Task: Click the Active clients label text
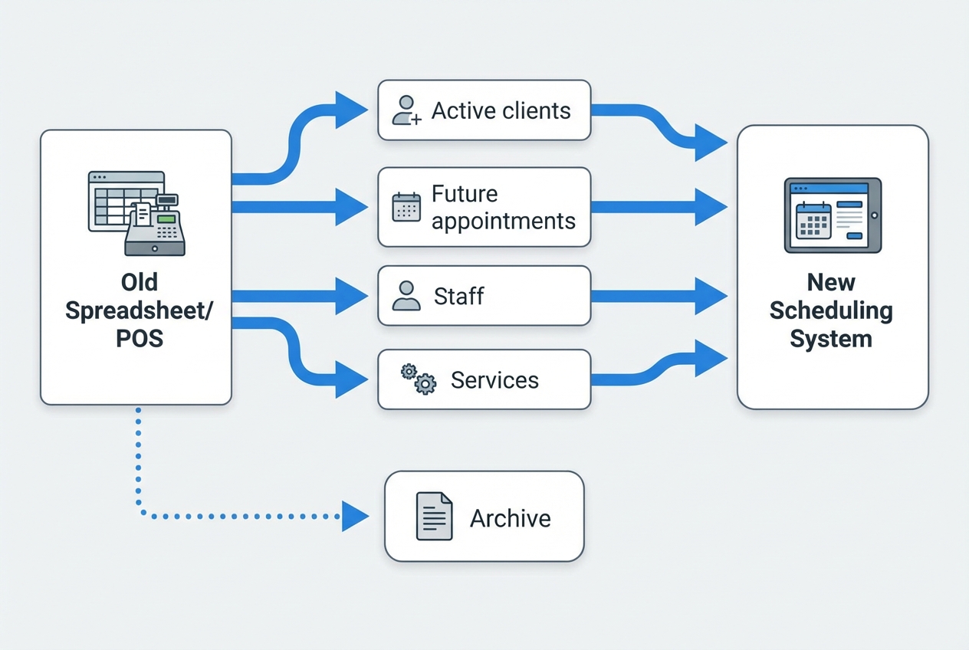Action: coord(501,110)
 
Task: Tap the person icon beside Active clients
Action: coord(406,110)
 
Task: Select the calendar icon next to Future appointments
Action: coord(406,207)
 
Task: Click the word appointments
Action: coord(503,221)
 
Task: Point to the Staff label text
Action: coord(458,296)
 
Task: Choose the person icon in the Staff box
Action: coord(406,296)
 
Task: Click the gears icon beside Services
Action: coord(419,379)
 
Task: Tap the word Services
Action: coord(494,380)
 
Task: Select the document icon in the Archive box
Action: coord(433,516)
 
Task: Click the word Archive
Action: coord(510,518)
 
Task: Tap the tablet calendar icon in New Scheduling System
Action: coord(833,215)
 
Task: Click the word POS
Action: coord(140,338)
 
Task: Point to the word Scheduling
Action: coord(831,310)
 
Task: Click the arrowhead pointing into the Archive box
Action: coord(354,516)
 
